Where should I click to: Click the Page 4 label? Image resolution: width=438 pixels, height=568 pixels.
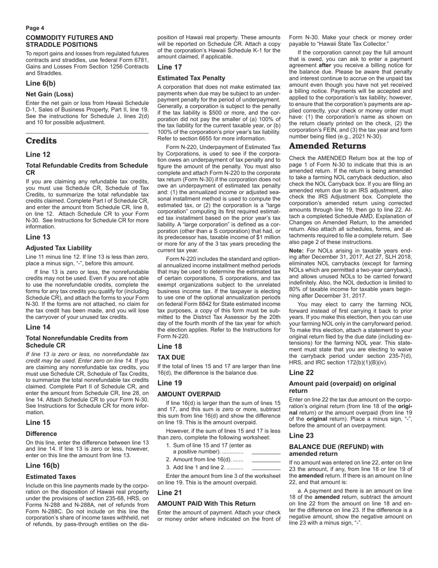[x=35, y=28]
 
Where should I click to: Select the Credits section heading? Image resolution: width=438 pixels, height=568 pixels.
[x=41, y=141]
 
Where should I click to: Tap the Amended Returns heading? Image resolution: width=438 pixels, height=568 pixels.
[x=327, y=146]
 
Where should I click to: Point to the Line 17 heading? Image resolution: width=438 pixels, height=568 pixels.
[x=170, y=67]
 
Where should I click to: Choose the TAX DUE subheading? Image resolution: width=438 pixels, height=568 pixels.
[x=171, y=357]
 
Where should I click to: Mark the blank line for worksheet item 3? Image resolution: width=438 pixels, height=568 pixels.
[x=266, y=469]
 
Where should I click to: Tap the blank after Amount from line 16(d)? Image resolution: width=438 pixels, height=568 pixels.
[x=266, y=461]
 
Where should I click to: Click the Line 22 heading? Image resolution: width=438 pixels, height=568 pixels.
[x=302, y=373]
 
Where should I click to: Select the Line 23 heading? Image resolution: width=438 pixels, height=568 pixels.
[x=302, y=435]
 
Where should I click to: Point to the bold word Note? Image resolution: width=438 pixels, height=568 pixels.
[x=296, y=250]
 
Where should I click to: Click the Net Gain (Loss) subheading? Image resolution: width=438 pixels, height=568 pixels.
[x=49, y=94]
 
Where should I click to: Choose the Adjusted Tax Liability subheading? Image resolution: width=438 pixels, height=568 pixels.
[x=59, y=248]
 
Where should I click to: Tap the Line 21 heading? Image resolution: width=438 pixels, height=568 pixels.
[x=170, y=493]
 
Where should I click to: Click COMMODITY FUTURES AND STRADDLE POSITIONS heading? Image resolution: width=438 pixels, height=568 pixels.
[x=69, y=41]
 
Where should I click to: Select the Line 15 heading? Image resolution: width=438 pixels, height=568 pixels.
[x=38, y=423]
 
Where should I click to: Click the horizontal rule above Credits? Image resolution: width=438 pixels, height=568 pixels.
[x=87, y=133]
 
